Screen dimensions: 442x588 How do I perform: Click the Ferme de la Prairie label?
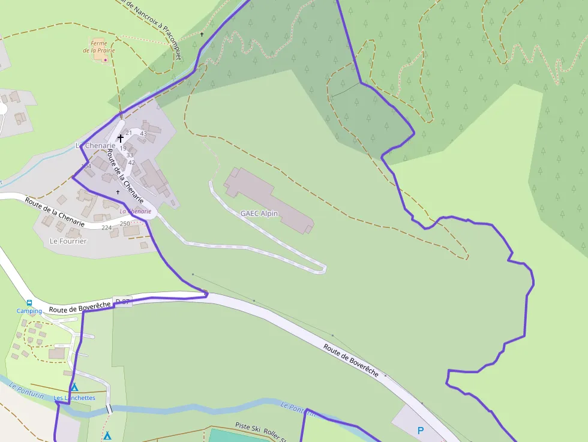pos(98,47)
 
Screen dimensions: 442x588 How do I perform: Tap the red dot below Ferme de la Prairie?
pos(106,60)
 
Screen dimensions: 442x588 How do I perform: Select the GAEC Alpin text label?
pos(259,214)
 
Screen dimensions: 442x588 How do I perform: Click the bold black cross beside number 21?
pos(121,138)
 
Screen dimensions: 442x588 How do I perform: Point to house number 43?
pos(143,133)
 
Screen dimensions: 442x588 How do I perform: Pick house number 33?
pos(130,155)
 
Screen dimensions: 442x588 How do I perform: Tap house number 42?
pos(131,163)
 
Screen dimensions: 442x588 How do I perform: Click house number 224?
pos(107,227)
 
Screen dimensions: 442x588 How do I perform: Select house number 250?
pos(125,224)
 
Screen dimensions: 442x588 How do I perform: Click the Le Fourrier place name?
pos(68,241)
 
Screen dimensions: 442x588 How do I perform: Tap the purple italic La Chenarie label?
pos(135,211)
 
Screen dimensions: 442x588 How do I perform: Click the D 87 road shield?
pos(122,301)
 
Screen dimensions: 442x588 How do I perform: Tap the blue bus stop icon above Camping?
pos(29,303)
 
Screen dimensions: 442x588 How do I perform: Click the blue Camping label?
pos(29,311)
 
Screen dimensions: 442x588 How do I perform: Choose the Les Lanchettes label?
pos(74,398)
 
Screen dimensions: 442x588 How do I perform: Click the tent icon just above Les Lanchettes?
pos(74,387)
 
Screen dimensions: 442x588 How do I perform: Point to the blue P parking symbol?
pos(421,431)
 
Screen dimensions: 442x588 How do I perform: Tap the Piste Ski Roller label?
pos(264,429)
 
